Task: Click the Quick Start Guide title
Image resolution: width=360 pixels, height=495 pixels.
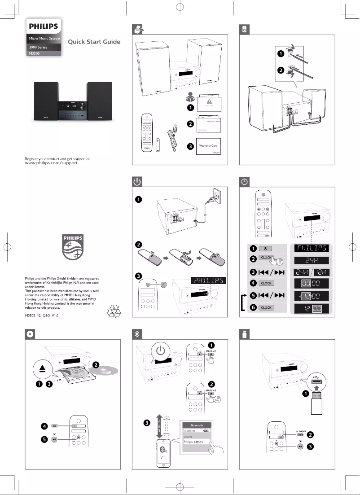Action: click(94, 42)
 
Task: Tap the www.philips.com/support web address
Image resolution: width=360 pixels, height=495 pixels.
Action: click(51, 163)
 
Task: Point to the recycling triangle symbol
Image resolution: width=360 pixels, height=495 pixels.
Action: click(113, 310)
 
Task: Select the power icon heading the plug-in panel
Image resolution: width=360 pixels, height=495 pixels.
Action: click(137, 182)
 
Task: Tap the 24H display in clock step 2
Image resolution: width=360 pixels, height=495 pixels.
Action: click(311, 261)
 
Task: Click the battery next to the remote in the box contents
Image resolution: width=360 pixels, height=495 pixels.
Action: click(158, 145)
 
